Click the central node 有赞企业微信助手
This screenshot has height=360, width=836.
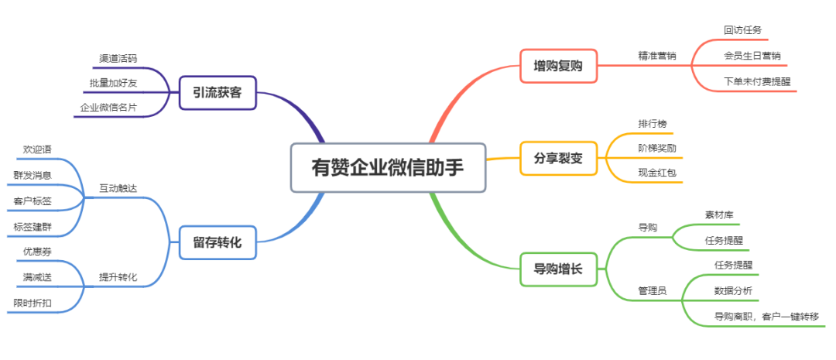coord(388,167)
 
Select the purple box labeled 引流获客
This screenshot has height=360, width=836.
coord(218,93)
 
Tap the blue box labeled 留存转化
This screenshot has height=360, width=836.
coord(218,242)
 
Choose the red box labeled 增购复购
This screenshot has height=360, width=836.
coord(558,66)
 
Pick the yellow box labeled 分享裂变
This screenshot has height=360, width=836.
coord(558,159)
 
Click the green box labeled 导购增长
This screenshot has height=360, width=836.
coord(558,269)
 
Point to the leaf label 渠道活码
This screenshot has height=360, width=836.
coord(118,59)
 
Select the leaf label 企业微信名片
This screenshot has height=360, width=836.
coord(108,107)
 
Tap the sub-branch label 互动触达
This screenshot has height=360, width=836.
coord(118,188)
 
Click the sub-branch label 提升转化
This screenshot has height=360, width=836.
coord(118,277)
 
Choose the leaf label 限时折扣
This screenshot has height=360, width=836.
coord(33,303)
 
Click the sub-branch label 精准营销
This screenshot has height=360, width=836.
coord(657,56)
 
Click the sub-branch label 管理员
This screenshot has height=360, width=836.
coord(653,290)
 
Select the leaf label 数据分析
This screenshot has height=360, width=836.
coord(733,290)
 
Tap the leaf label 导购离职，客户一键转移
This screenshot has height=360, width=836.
coord(766,317)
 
